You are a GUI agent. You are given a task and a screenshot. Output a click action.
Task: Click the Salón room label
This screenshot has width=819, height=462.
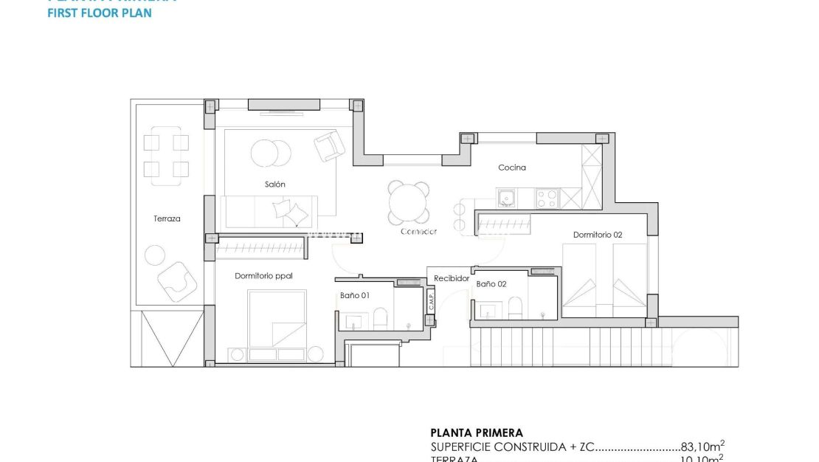click(x=274, y=185)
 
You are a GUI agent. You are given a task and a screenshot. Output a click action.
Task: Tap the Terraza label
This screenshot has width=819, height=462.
click(x=167, y=218)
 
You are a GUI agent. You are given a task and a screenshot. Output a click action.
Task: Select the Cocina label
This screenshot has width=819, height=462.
click(x=512, y=168)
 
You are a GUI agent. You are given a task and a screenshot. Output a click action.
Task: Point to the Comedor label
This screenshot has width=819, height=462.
click(x=418, y=231)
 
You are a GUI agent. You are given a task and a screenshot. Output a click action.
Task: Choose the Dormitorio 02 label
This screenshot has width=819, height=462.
click(x=598, y=235)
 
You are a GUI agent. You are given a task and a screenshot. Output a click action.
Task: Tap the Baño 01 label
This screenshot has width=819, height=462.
click(x=355, y=295)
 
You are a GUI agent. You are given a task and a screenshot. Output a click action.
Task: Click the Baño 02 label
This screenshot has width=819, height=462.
click(x=491, y=283)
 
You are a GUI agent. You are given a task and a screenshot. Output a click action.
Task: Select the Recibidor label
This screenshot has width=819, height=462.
click(x=451, y=279)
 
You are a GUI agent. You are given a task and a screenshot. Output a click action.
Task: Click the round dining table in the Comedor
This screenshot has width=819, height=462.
click(x=409, y=202)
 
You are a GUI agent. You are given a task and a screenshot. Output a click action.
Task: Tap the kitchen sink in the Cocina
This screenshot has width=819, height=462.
click(x=507, y=198)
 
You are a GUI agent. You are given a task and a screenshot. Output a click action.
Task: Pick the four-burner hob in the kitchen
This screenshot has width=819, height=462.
click(x=547, y=199)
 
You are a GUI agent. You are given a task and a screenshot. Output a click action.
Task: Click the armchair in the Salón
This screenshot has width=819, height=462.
click(x=329, y=145)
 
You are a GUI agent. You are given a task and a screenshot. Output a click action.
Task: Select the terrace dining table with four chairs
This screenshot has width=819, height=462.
click(x=166, y=155)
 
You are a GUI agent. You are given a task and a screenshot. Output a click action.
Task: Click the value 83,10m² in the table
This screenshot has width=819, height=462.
click(x=702, y=446)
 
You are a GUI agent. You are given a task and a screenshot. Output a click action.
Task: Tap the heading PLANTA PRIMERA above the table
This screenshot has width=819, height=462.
click(x=477, y=433)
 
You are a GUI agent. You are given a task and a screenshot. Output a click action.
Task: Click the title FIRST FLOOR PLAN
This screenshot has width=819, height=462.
click(x=100, y=13)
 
